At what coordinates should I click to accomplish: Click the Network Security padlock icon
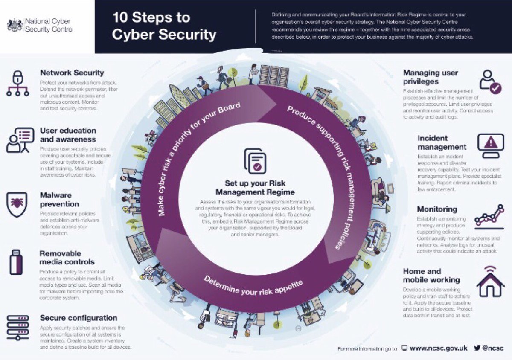click(x=17, y=83)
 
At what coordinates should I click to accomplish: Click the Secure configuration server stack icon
click(x=18, y=328)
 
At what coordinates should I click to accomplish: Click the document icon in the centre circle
click(x=255, y=161)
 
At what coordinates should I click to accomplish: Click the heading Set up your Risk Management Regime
click(x=255, y=188)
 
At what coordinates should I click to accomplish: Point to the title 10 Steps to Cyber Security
click(x=164, y=26)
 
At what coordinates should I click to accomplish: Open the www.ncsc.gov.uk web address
click(x=439, y=348)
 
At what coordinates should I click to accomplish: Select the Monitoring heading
click(x=437, y=209)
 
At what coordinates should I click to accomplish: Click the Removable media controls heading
click(x=67, y=258)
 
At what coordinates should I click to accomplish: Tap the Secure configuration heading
click(x=79, y=318)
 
